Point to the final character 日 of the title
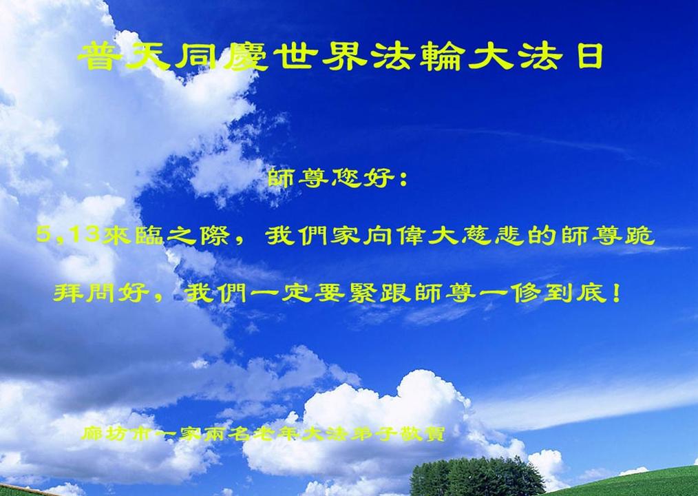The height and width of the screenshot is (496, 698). [591, 56]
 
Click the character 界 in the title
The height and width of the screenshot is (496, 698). [344, 56]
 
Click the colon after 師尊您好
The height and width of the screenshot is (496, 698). [403, 180]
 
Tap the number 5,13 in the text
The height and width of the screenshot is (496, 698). [67, 234]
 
